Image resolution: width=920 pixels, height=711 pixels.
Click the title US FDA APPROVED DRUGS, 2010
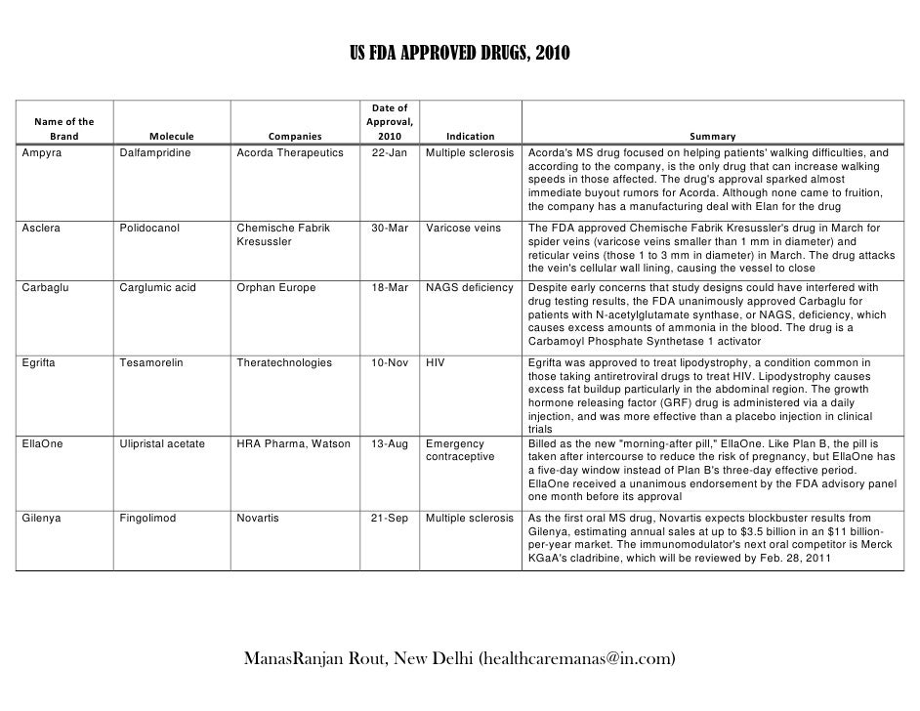point(460,52)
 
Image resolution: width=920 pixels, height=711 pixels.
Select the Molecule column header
point(172,137)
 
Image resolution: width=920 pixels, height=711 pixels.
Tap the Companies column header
point(294,137)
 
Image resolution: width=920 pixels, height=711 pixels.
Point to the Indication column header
point(470,137)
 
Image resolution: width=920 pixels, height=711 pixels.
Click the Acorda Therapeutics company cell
point(290,153)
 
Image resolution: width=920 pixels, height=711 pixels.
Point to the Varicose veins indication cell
point(464,228)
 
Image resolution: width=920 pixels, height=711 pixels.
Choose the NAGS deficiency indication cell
point(470,288)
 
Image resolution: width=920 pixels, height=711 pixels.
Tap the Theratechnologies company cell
point(284,362)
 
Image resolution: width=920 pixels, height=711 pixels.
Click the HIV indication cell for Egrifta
point(435,362)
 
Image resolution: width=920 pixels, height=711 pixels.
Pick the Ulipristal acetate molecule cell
point(162,443)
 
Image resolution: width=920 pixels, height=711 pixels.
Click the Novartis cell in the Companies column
point(258,518)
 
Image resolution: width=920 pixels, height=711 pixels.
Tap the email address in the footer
point(577,658)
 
